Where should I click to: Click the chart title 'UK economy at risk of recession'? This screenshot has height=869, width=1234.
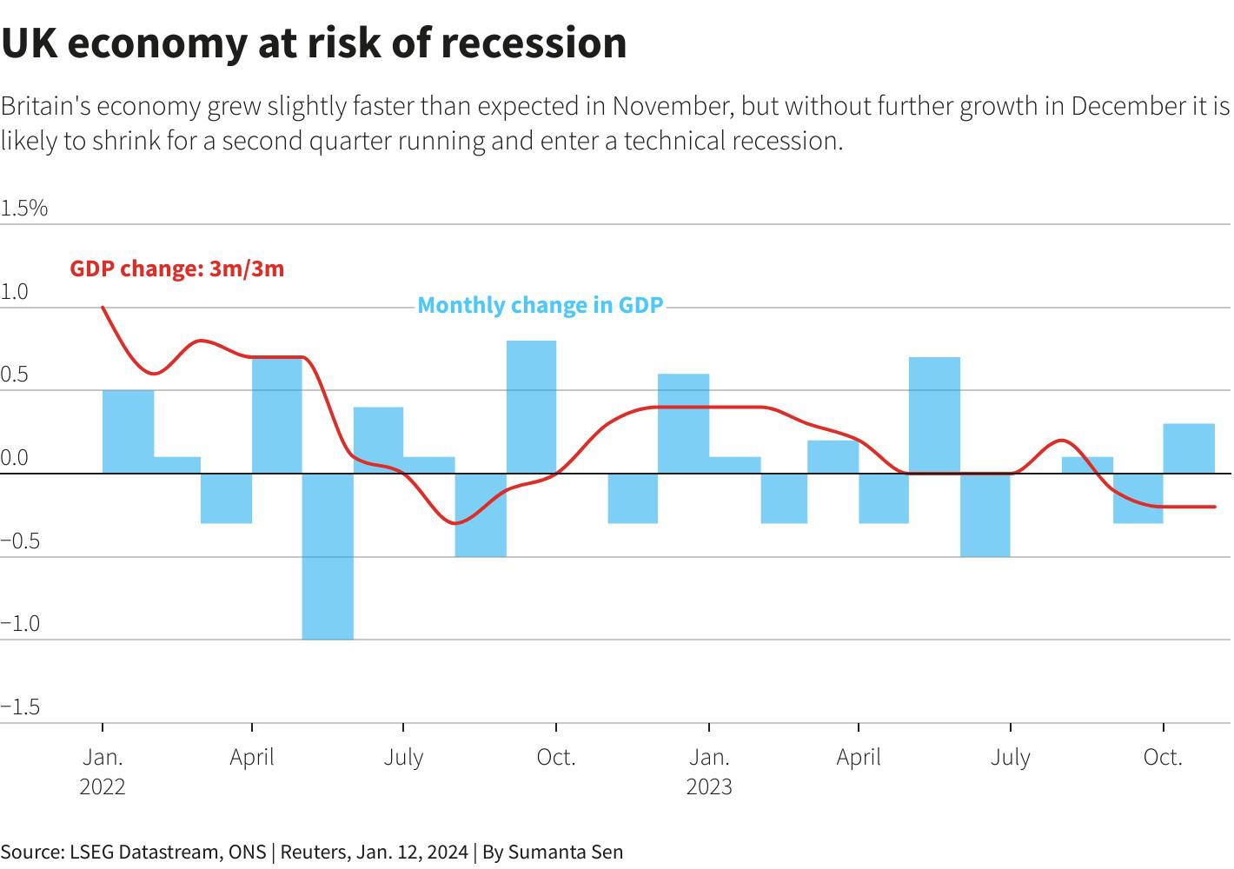[x=314, y=43]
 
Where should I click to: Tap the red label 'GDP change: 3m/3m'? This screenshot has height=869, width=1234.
[x=176, y=269]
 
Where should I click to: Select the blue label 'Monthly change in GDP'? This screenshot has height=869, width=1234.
[x=541, y=305]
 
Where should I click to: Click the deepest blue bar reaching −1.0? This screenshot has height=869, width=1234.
[x=328, y=556]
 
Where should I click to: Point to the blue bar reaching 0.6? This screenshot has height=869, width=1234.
[x=683, y=423]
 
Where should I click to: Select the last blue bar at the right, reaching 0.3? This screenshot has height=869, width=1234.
[x=1189, y=448]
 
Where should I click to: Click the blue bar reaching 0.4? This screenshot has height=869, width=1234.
[x=378, y=440]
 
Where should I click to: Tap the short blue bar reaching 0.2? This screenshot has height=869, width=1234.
[x=833, y=457]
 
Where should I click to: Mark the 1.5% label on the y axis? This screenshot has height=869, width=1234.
[x=24, y=208]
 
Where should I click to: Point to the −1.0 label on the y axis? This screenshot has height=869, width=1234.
[x=21, y=623]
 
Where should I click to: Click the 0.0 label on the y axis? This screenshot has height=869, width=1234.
[x=15, y=457]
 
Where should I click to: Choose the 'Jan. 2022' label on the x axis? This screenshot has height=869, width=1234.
[x=103, y=772]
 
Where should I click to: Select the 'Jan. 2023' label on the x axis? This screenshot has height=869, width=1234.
[x=709, y=772]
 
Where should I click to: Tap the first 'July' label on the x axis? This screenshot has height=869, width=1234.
[x=403, y=757]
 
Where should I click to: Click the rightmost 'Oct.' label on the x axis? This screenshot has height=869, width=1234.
[x=1163, y=757]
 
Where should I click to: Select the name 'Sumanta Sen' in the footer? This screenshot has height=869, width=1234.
[x=565, y=852]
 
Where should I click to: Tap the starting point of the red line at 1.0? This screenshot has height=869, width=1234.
[x=103, y=307]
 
